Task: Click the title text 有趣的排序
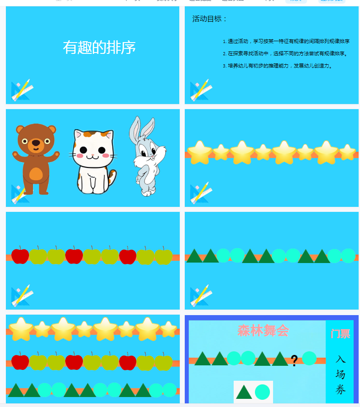99,48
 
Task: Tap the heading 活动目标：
210,19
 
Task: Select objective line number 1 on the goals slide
286,41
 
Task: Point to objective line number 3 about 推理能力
278,66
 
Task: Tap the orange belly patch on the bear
36,174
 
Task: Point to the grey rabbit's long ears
135,129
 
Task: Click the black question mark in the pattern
294,360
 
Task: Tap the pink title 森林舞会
263,330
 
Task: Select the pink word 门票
340,334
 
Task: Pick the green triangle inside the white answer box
244,393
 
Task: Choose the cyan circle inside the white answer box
262,392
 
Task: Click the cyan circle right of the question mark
309,358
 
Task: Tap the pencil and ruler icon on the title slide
21,90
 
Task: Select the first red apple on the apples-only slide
20,256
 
